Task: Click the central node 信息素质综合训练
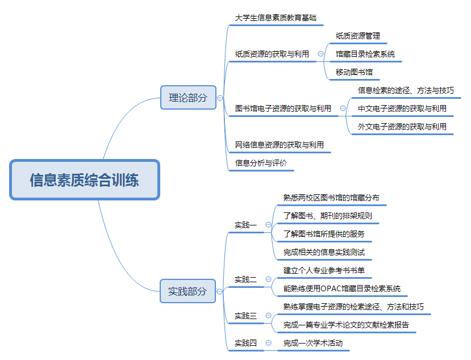point(85,179)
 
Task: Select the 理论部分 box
point(188,98)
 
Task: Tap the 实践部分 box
point(187,291)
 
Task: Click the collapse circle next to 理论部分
point(220,98)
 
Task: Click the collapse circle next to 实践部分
point(219,291)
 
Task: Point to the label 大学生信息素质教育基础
point(276,18)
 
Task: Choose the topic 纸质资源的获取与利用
point(272,54)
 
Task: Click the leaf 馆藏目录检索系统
point(365,54)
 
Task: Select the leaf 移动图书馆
point(354,72)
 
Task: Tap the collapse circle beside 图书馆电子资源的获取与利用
point(343,108)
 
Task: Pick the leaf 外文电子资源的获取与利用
point(402,127)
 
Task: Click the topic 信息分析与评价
point(261,163)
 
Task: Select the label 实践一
point(245,225)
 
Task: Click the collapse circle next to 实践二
point(269,279)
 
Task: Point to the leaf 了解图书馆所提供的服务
point(324,234)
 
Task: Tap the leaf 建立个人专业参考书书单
point(324,270)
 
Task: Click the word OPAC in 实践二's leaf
point(331,288)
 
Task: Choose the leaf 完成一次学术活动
point(312,343)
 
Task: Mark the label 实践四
point(245,343)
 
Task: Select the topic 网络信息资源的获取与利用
point(280,145)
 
